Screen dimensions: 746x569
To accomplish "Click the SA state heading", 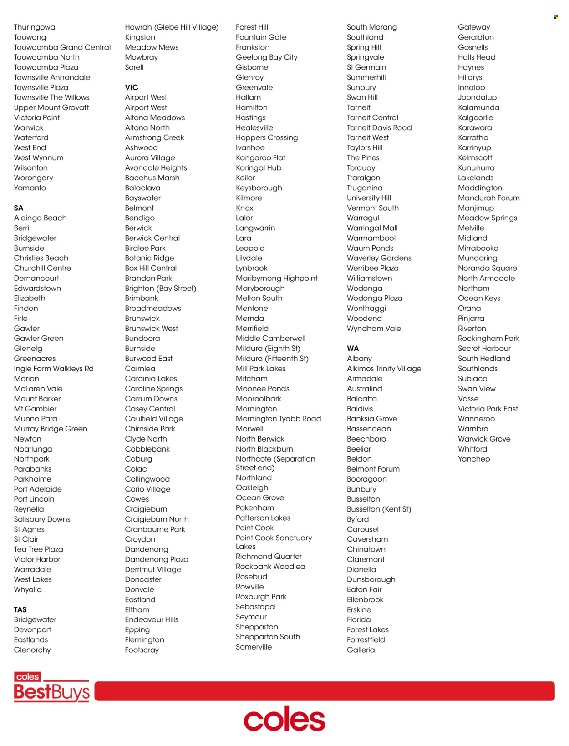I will (x=19, y=208).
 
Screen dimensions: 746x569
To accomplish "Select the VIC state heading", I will (x=132, y=87).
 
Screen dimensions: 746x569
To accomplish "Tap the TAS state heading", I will (x=20, y=609).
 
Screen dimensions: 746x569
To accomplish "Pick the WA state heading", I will (x=353, y=349).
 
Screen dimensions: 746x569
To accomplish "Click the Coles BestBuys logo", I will (x=51, y=687).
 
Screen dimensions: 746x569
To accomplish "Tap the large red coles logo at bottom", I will (x=284, y=719).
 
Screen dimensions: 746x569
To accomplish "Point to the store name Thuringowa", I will (x=35, y=27).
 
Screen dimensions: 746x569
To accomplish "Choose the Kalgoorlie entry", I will (x=476, y=117).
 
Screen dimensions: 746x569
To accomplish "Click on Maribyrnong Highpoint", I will (x=277, y=278).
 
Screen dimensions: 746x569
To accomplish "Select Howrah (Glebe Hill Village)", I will (x=172, y=27).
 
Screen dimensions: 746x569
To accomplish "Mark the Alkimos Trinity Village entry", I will (x=384, y=369).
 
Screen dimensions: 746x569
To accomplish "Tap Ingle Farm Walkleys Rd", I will (x=54, y=369).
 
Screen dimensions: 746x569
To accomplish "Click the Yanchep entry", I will (x=474, y=459).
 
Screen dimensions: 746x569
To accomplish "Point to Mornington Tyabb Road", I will (x=278, y=419).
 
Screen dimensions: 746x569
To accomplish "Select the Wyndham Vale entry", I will (x=374, y=329).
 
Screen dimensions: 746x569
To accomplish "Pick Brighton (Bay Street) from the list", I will (x=161, y=288).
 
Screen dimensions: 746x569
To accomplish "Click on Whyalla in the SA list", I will (x=28, y=589).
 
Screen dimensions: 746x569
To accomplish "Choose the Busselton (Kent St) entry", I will (x=379, y=509).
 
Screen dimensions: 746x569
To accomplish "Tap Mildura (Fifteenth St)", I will (x=272, y=359).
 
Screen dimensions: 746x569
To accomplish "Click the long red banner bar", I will (x=324, y=691).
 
